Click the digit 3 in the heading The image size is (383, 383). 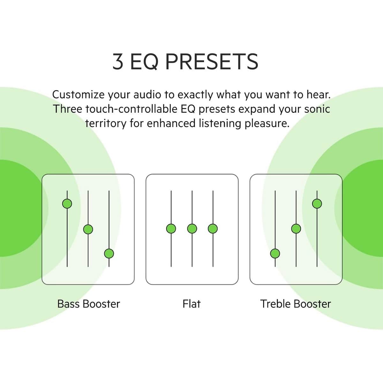pos(118,61)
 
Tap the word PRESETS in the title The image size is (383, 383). pos(212,61)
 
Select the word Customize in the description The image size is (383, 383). pos(78,94)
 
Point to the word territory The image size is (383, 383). pos(106,124)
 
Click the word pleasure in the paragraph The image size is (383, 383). pos(267,124)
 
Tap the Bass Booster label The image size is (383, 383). pos(89,304)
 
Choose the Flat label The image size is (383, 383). pos(191,304)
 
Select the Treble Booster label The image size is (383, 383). pos(296,304)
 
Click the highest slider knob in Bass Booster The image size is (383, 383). pos(67,204)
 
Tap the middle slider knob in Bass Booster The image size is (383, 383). pos(88,229)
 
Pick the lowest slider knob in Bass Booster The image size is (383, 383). pos(109,254)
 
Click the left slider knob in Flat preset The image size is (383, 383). pos(171,229)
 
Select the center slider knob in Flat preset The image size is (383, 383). pos(192,229)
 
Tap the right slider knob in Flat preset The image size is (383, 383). pos(213,229)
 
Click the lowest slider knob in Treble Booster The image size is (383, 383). pos(275,254)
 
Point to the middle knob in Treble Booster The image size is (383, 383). pos(296,229)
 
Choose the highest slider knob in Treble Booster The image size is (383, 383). pos(317,204)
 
